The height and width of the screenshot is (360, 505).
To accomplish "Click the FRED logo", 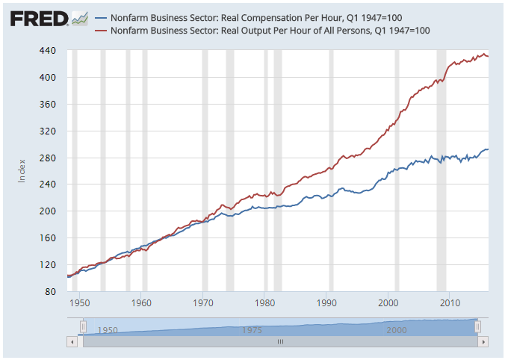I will point(40,18).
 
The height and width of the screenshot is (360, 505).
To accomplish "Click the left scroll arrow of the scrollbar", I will point(72,341).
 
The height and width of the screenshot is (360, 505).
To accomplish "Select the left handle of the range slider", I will point(84,326).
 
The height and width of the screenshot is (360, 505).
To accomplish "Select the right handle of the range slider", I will point(478,326).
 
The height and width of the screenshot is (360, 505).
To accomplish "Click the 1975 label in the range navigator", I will point(252,329).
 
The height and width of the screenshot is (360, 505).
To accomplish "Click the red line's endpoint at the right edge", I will point(489,56).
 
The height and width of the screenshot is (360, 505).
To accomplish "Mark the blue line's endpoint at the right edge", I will point(489,149).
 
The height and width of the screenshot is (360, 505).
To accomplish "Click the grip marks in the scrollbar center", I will point(281,341).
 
